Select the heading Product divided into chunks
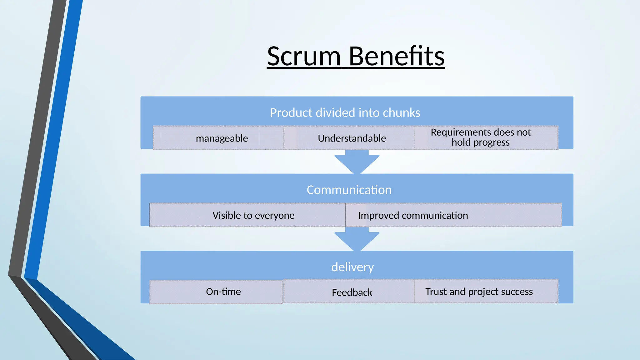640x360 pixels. click(345, 113)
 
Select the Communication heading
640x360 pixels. click(349, 190)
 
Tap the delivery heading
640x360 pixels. click(352, 267)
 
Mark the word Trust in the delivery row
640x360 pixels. click(436, 292)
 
